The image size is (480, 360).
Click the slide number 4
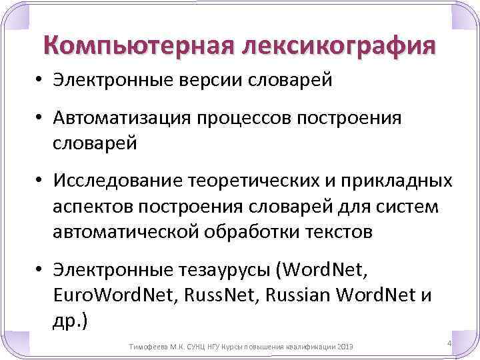(449, 343)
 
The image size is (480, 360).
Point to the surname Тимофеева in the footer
(147, 347)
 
